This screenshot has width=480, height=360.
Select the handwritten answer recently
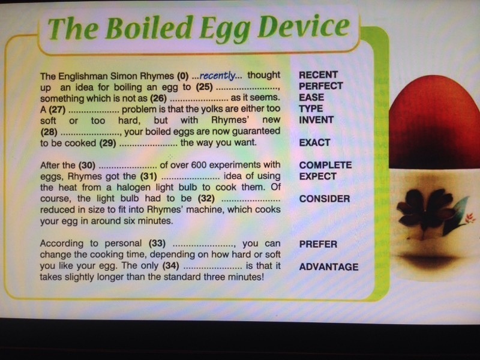[218, 76]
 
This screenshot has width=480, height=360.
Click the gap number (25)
[204, 87]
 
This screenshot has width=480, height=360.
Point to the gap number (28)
[49, 132]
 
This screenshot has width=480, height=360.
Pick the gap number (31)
[148, 176]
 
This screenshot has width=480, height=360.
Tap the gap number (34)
[171, 266]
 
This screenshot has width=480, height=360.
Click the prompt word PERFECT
[321, 86]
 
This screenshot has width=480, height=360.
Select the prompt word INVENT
[316, 119]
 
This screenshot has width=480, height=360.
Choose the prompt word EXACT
[314, 143]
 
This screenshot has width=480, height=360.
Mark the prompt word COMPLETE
[325, 166]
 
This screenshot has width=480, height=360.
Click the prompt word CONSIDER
[325, 199]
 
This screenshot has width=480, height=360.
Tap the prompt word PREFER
[318, 244]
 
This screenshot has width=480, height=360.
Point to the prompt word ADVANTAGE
[329, 267]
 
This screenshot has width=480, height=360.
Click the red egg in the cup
[434, 122]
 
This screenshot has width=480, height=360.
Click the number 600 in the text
[199, 165]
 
